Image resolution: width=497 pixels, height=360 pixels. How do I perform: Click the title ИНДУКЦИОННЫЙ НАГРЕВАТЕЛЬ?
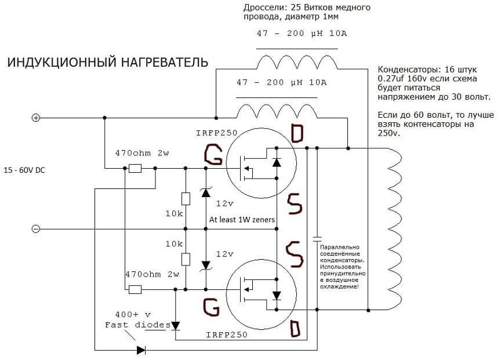[107, 63]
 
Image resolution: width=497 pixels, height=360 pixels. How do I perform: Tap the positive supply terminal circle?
[36, 118]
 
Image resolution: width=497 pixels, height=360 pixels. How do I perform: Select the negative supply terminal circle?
[36, 229]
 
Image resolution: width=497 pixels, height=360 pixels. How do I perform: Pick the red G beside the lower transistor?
[212, 306]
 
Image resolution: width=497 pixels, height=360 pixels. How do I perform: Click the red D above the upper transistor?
[296, 134]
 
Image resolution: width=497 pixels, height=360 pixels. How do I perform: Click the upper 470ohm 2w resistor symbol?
[135, 169]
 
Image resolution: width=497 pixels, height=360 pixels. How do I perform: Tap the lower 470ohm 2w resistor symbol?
[135, 289]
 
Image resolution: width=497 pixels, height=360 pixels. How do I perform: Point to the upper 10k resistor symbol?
[186, 198]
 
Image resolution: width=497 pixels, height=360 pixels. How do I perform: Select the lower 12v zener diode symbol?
[205, 264]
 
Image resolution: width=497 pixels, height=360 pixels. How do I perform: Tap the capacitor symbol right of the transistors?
[317, 238]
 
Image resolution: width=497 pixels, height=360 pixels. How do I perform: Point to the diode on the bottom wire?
[141, 350]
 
